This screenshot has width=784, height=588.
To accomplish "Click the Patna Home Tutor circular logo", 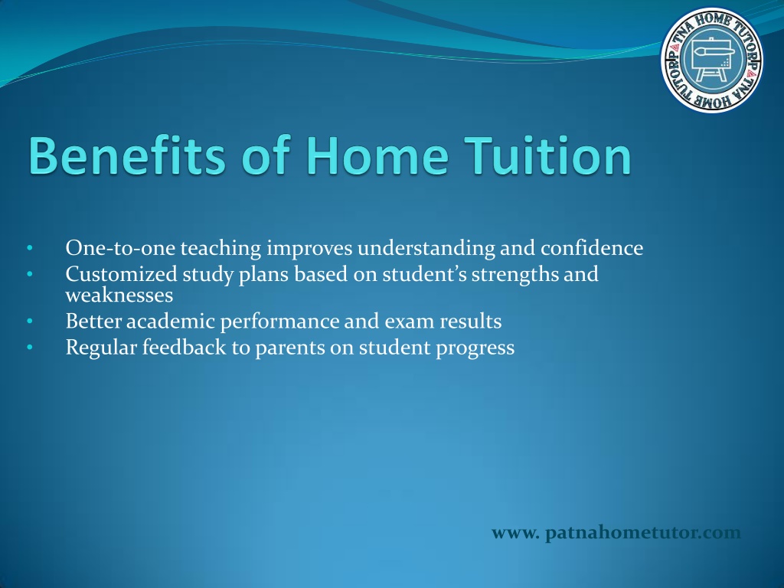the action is [712, 60].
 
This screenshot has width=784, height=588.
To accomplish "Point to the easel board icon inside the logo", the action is [711, 57].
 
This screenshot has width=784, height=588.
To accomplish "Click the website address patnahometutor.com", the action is [616, 533].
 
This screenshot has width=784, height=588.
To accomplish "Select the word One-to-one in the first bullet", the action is [120, 248].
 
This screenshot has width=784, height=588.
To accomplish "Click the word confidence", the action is [592, 248].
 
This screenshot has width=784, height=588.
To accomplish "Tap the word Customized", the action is [122, 274].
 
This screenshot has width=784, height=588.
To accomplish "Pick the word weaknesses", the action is [119, 295].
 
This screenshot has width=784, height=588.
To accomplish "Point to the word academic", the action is [170, 321].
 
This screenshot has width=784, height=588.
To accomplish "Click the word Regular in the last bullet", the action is [102, 348].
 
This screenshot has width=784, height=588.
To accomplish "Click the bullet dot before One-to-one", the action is [30, 247].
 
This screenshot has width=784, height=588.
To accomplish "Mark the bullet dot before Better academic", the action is [30, 321].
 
